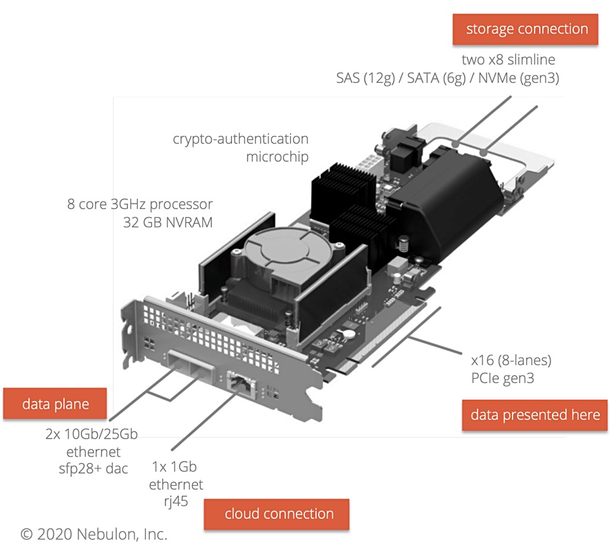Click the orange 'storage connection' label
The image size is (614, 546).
click(527, 29)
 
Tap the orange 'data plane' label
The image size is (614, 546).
click(56, 404)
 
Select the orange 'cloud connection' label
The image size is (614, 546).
click(279, 514)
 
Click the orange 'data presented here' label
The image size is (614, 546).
click(535, 415)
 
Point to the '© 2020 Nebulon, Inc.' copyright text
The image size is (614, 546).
click(94, 534)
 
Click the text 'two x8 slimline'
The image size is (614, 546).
click(508, 60)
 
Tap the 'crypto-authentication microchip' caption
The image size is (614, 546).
click(240, 147)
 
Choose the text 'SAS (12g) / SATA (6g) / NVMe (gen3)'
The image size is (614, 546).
click(447, 78)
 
